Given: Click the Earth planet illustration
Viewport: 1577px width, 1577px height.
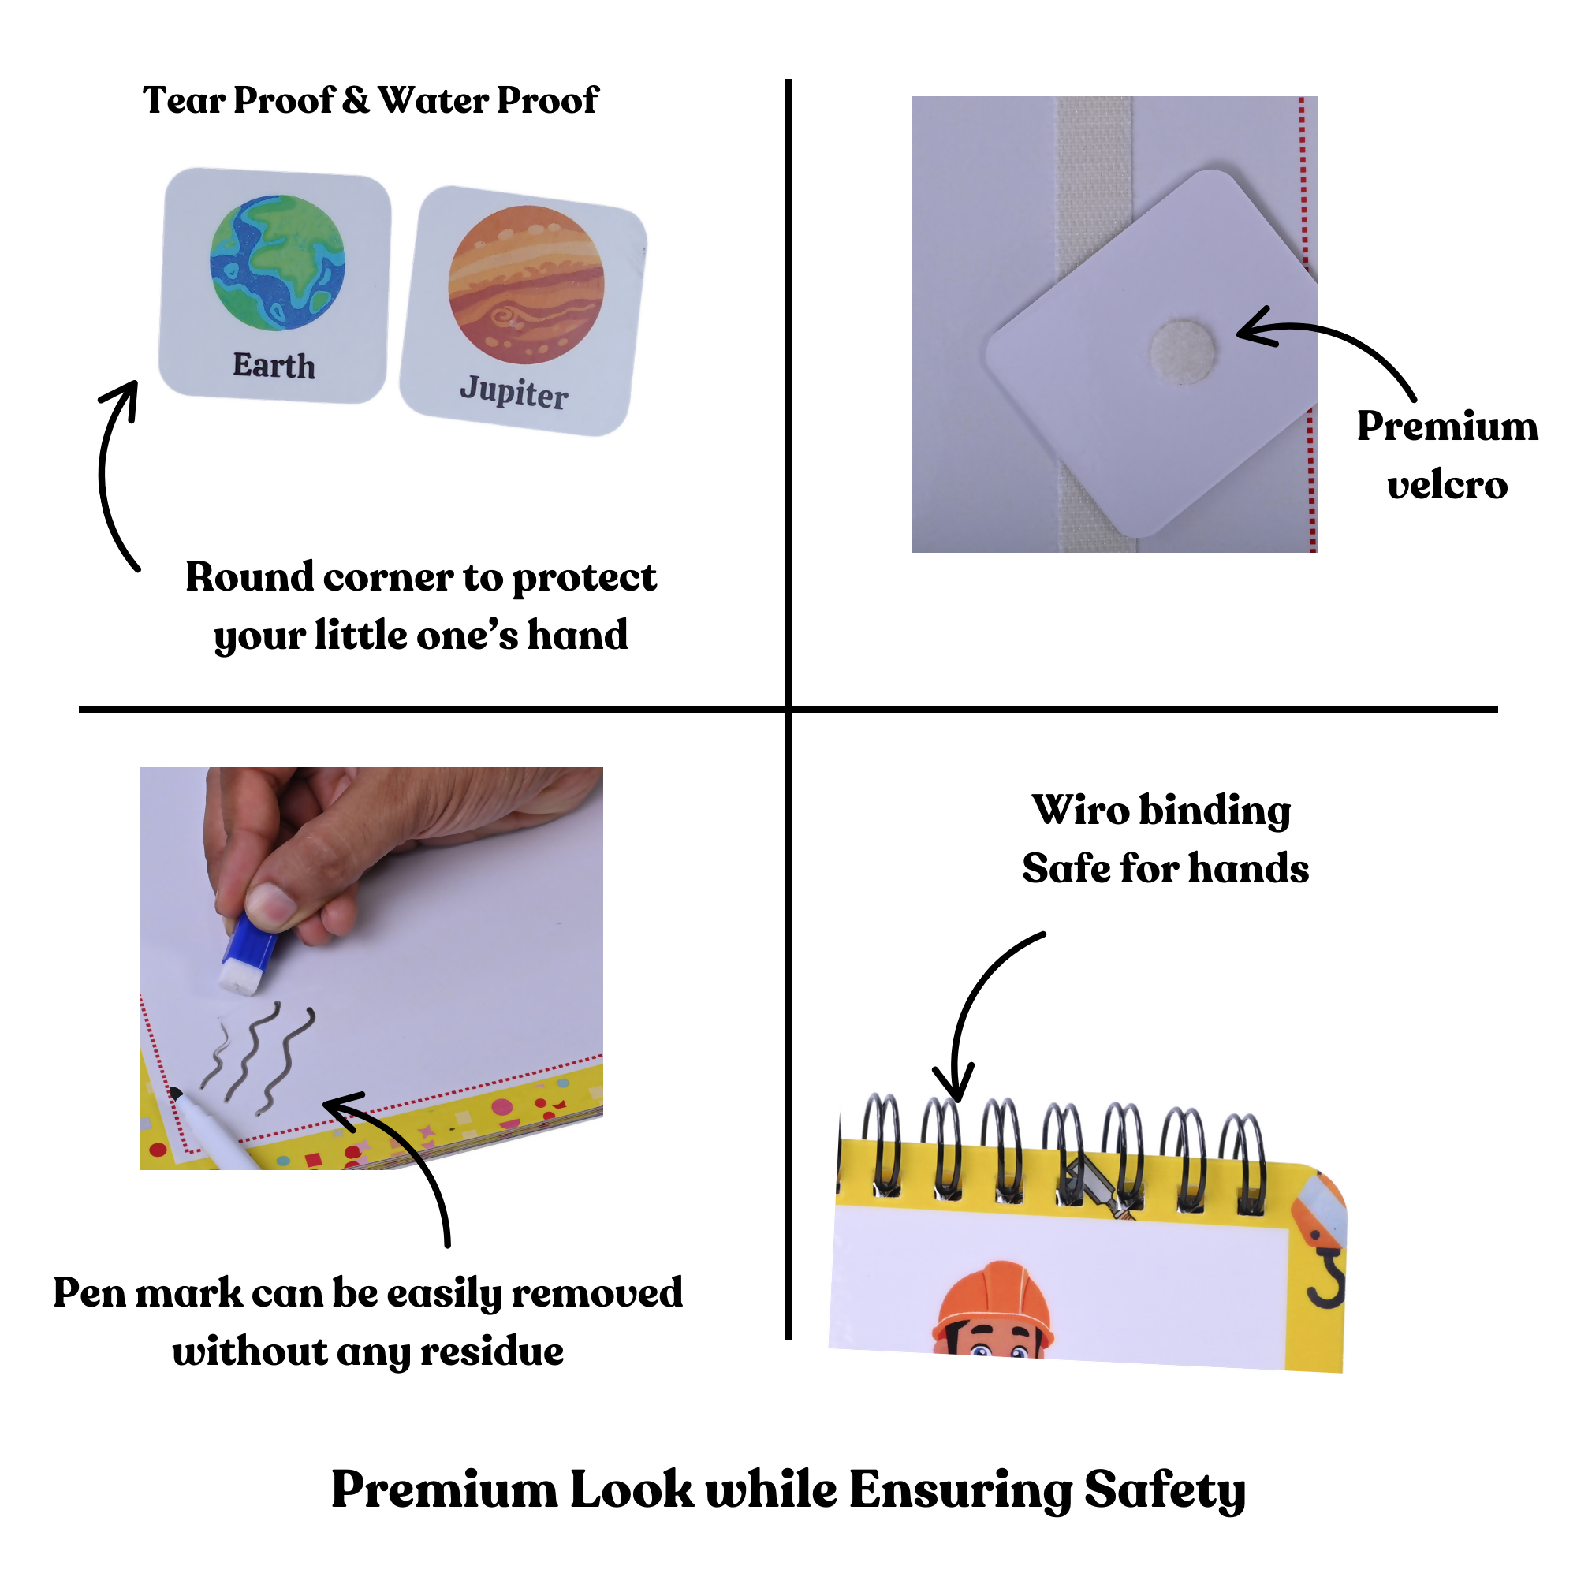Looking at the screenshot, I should point(278,262).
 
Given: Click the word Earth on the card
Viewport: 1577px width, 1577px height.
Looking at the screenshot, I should point(274,366).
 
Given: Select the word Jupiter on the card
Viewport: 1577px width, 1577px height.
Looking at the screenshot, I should point(514,392).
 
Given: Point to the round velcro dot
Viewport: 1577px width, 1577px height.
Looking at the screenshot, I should point(1182,352).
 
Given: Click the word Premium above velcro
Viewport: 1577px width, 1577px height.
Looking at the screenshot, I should point(1447,426).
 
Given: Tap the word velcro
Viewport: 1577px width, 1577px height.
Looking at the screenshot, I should point(1447,486).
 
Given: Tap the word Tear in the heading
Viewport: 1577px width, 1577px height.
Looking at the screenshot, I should point(184,100).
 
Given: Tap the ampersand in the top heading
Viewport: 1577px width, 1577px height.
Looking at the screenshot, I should point(356,100).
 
